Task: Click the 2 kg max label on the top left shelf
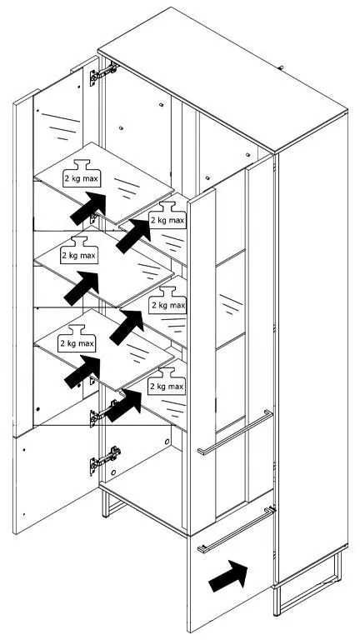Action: (82, 178)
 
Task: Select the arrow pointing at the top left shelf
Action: (88, 207)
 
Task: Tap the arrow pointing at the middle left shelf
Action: (81, 287)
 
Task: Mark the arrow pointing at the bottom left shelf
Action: (82, 371)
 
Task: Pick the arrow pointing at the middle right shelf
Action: (127, 327)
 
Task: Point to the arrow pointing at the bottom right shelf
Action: (123, 405)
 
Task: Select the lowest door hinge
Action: (104, 459)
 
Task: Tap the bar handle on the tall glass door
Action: (235, 432)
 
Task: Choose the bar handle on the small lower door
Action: (237, 529)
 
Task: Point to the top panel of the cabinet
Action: (222, 77)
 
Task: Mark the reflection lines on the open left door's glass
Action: (60, 125)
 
